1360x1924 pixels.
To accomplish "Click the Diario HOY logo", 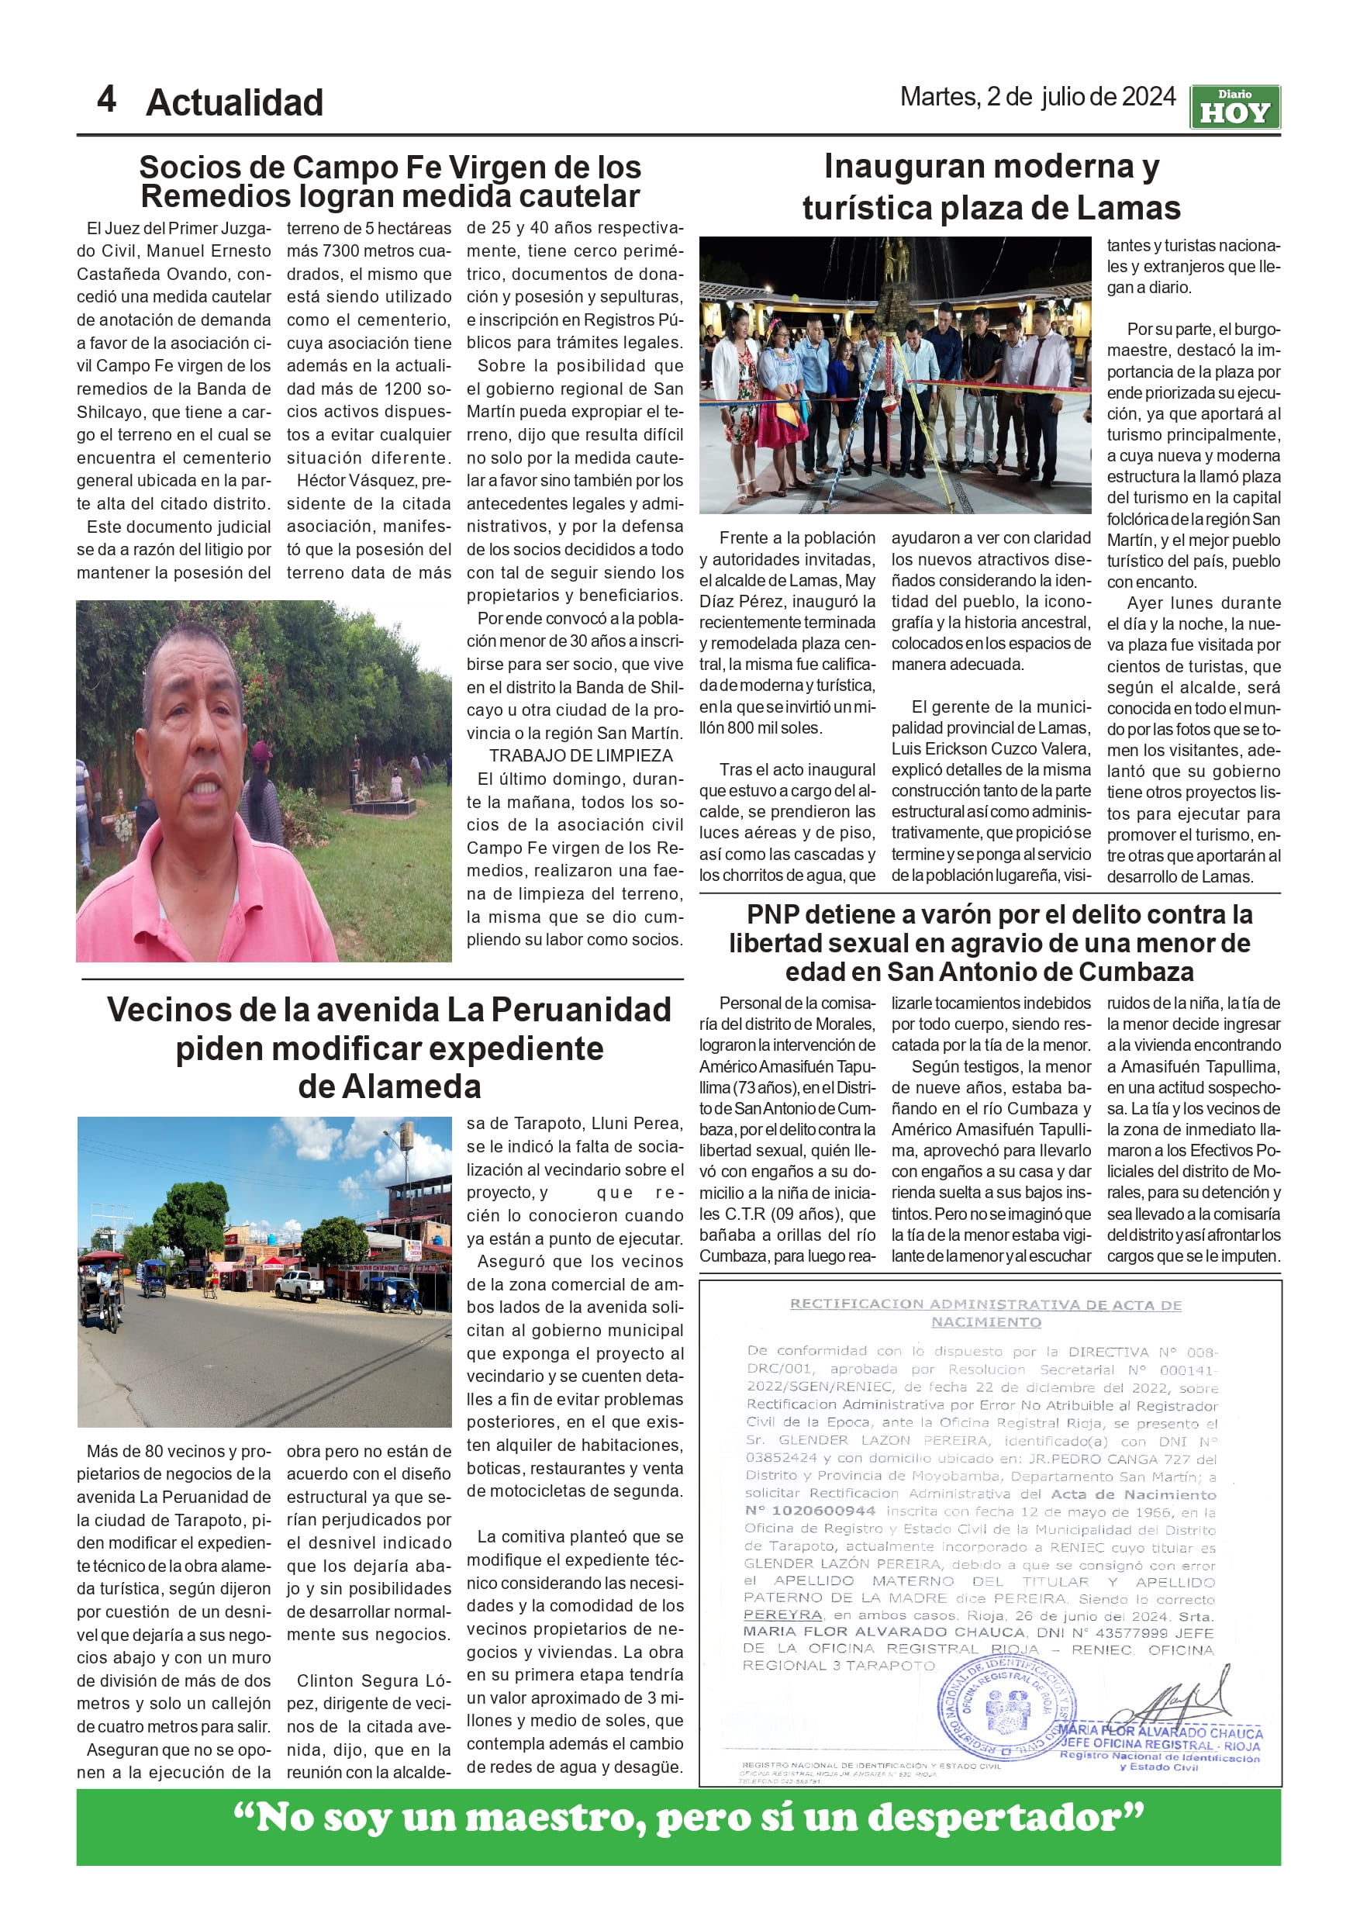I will [1234, 107].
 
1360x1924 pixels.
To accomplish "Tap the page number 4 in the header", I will [106, 100].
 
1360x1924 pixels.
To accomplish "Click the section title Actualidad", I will [235, 103].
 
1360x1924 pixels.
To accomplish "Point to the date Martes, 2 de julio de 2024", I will [1037, 97].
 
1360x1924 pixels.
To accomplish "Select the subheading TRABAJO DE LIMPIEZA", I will [581, 756].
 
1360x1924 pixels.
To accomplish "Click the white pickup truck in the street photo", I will [299, 1285].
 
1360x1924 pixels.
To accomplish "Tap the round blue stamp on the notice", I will [1006, 1708].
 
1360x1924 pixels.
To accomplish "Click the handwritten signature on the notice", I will [1177, 1702].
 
